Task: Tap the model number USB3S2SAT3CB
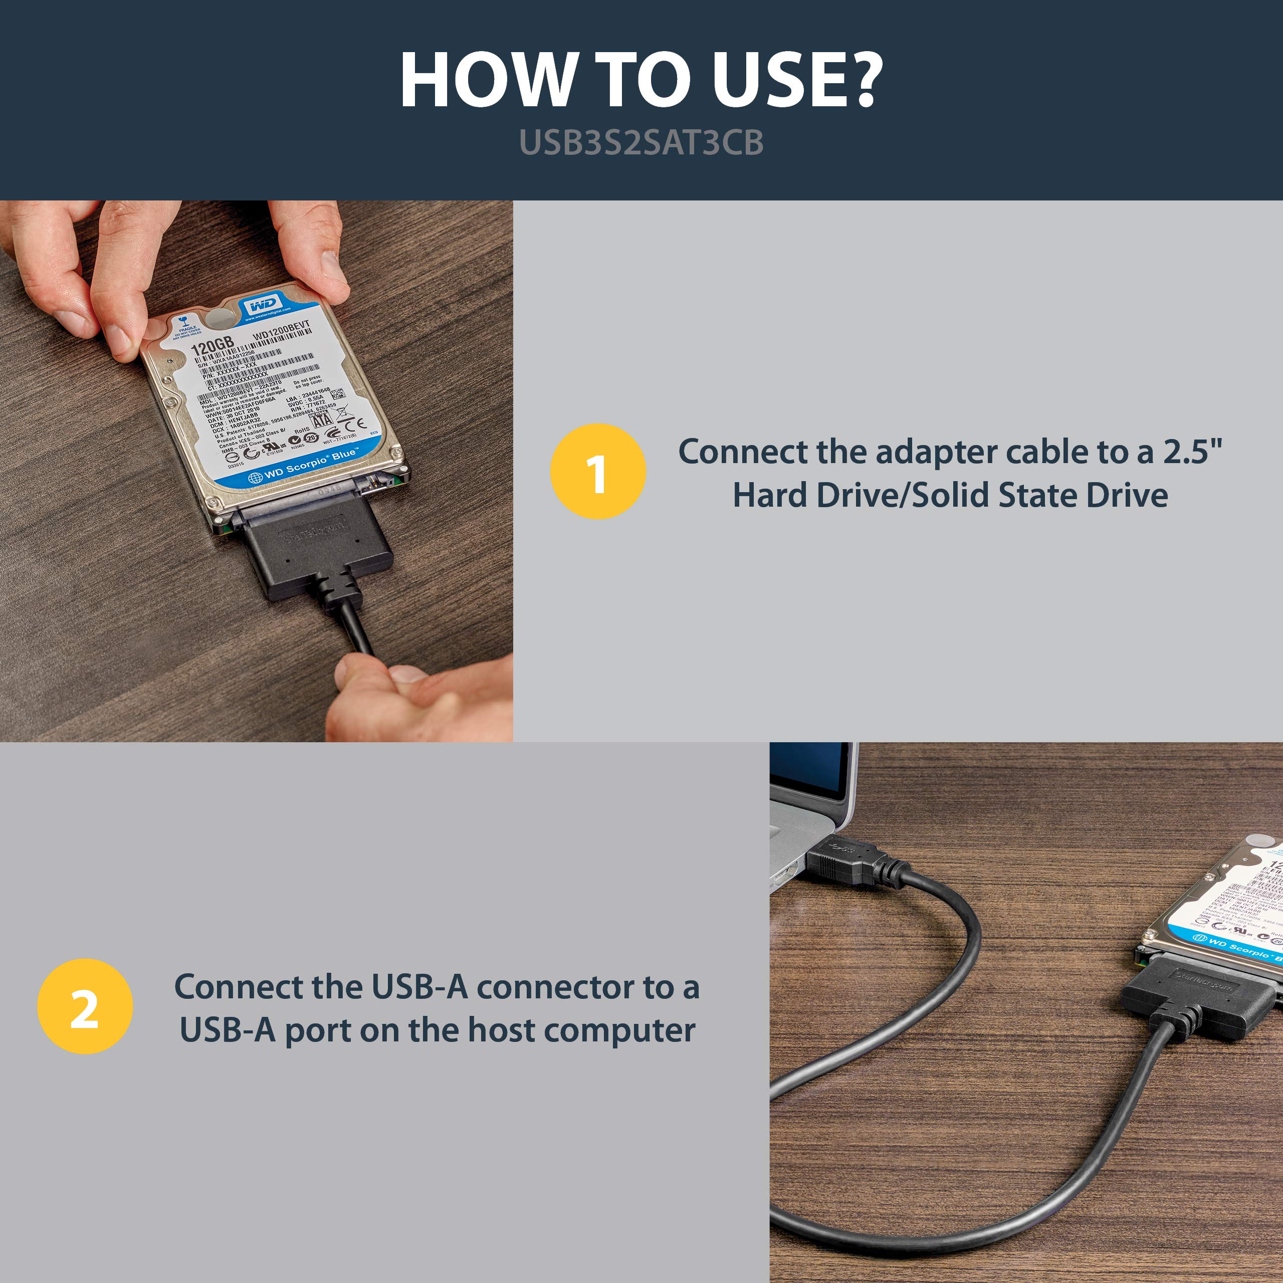pos(641,143)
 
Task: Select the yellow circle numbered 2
pos(85,1006)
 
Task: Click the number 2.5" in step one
pos(1192,452)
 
